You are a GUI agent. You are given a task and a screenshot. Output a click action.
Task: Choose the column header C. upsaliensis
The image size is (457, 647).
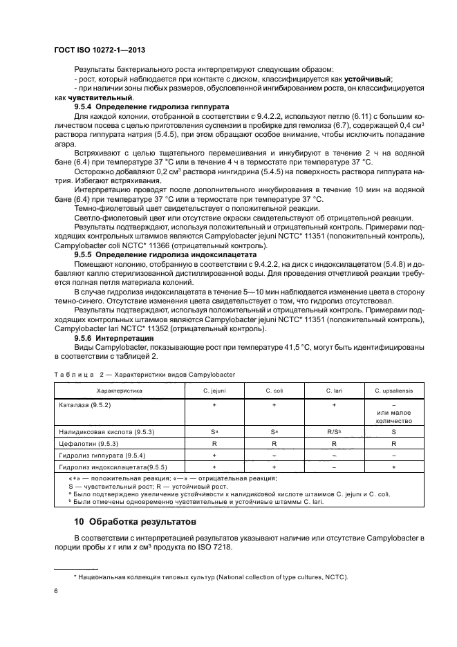click(393, 390)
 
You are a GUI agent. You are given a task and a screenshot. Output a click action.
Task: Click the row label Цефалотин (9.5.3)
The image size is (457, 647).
click(88, 443)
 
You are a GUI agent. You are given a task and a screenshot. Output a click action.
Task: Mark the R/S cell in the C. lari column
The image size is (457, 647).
click(333, 431)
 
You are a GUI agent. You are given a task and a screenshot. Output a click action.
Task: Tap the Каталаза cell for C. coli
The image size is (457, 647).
click(274, 403)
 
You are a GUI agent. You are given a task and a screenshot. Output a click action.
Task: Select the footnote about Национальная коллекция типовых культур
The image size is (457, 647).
click(210, 577)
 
